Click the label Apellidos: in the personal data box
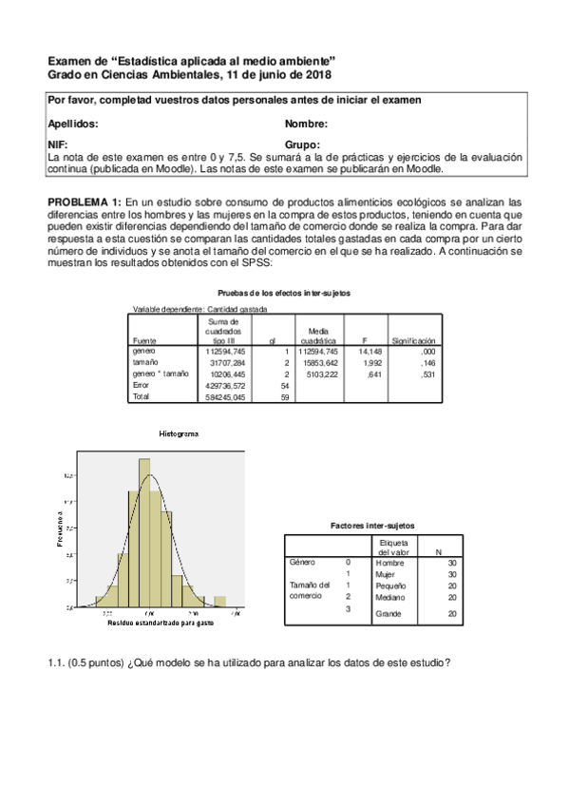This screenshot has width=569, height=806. (72, 124)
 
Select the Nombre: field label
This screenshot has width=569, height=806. (306, 124)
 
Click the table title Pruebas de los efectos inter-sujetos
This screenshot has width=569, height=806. (284, 293)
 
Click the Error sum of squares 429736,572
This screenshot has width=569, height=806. (227, 385)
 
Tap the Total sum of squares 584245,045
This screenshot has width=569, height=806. (227, 396)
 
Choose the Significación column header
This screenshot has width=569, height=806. (414, 339)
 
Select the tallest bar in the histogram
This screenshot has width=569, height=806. (145, 532)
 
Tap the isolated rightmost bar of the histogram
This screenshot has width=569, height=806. (219, 601)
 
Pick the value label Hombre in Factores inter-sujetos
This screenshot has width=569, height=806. (389, 563)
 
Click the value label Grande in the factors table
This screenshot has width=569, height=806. (389, 614)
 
